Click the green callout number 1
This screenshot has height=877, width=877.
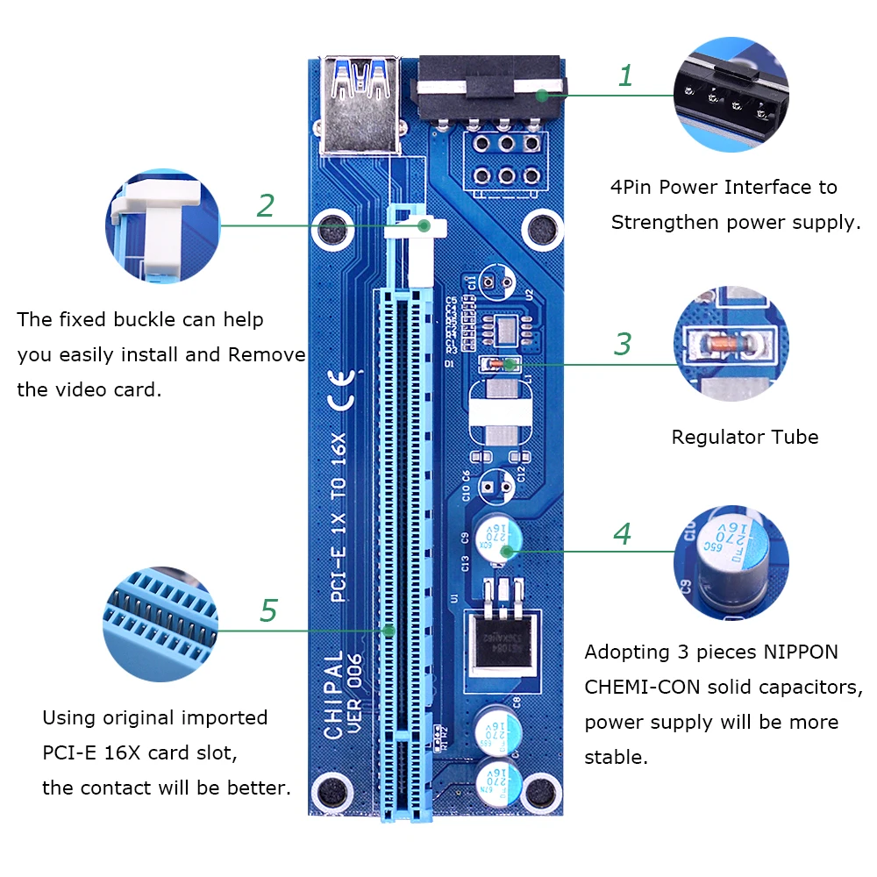coord(625,76)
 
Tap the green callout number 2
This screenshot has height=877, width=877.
coord(266,205)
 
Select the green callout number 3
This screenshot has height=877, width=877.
coord(622,344)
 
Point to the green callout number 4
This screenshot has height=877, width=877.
coord(622,533)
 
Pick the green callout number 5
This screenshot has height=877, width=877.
coord(268,610)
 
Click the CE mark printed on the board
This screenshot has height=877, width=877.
coord(341,389)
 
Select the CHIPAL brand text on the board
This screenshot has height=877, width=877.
coord(333,695)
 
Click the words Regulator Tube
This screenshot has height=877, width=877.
coord(745,437)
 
